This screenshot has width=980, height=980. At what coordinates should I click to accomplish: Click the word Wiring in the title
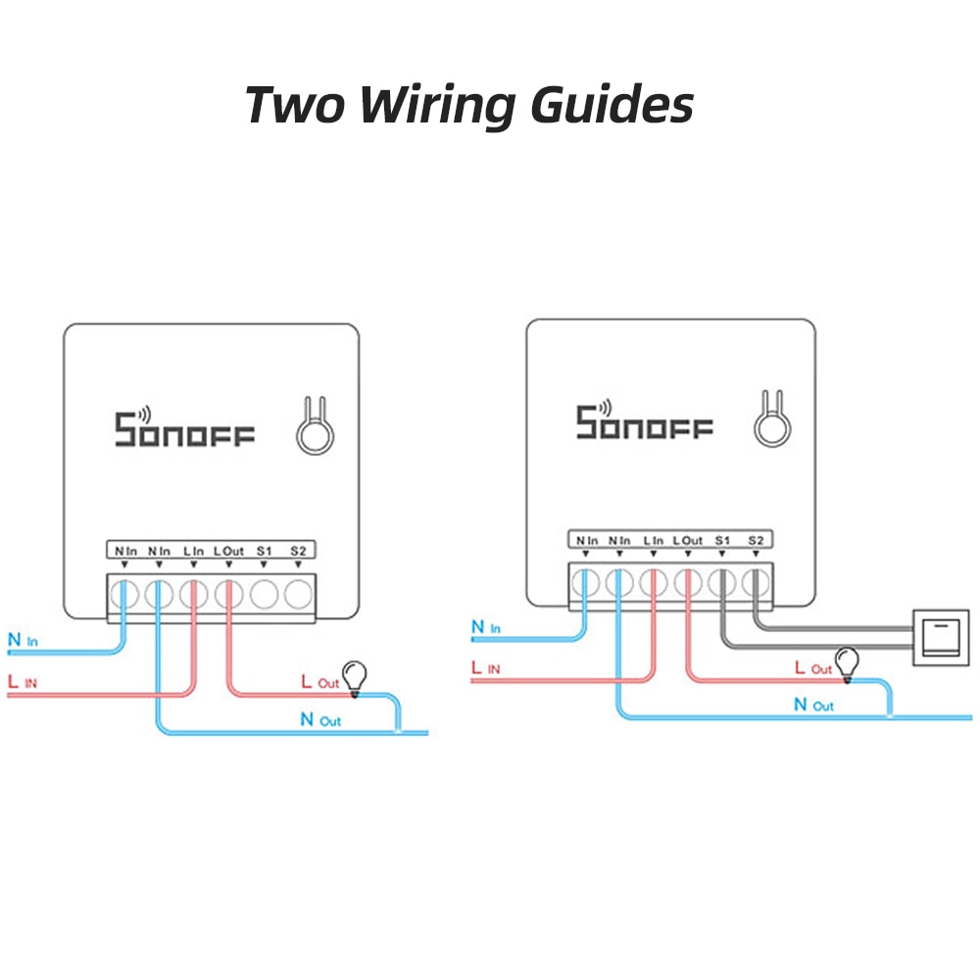[x=437, y=105]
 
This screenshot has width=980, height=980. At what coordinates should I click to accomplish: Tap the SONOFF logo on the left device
[x=184, y=428]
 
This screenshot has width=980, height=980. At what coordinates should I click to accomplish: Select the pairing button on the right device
[x=771, y=423]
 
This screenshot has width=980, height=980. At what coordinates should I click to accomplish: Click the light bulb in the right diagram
[x=847, y=662]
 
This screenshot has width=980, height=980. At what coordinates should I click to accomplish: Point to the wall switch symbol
[x=940, y=637]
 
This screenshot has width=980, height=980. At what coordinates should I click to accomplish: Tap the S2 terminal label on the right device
[x=755, y=540]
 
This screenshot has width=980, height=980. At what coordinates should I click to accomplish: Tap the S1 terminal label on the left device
[x=264, y=552]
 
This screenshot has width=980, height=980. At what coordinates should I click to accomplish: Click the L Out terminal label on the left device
[x=228, y=552]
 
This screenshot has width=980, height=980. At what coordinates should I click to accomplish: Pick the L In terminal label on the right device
[x=653, y=540]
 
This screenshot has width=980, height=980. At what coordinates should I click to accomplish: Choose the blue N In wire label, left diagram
[x=23, y=642]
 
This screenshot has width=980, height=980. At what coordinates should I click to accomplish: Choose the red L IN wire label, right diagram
[x=486, y=668]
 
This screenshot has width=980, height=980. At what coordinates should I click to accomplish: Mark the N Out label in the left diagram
[x=320, y=720]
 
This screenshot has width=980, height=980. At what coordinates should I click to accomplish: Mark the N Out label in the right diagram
[x=813, y=705]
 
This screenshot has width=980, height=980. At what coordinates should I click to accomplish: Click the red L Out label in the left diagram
[x=319, y=682]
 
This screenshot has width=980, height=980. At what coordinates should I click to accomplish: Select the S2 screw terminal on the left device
[x=299, y=593]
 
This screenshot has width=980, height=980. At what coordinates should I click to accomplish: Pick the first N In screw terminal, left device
[x=123, y=593]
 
